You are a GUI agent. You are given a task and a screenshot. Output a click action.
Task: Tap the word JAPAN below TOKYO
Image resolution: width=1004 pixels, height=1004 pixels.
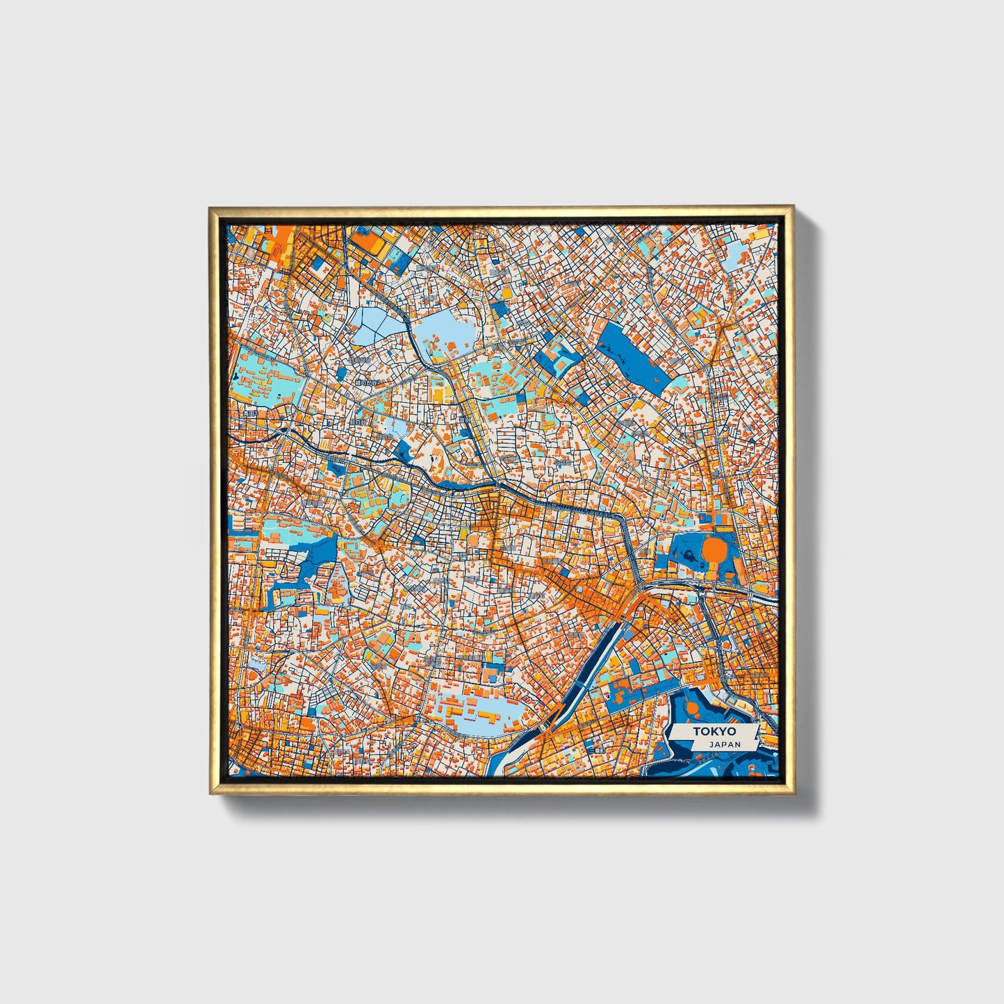[725, 744]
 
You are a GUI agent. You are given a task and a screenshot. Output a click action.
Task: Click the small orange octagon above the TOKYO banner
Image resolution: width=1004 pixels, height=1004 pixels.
[693, 707]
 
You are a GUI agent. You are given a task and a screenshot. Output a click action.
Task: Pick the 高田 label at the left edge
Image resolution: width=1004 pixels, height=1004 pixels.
[248, 414]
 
